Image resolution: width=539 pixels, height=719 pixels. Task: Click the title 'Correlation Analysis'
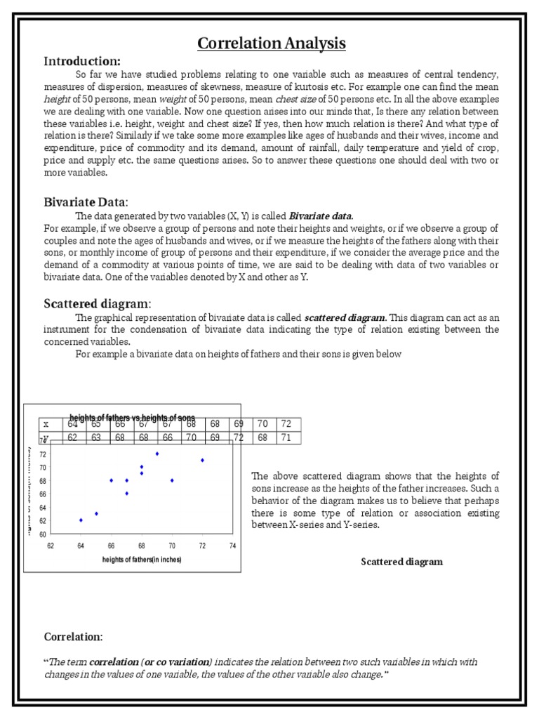[x=271, y=44]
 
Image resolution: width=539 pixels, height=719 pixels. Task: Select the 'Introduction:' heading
[x=82, y=61]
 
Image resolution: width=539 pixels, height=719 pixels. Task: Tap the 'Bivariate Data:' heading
[x=86, y=202]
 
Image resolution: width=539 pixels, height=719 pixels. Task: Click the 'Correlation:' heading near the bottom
[x=73, y=637]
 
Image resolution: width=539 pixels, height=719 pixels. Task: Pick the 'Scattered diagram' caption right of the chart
[x=401, y=562]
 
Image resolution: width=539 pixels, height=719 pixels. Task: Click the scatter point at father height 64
[x=81, y=520]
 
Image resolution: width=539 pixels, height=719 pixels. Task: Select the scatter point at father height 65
[x=96, y=513]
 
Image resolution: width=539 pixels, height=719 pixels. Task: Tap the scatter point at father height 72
[x=202, y=461]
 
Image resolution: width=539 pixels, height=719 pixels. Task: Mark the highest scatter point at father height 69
[x=157, y=454]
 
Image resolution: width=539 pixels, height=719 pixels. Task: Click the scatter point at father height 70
[x=172, y=480]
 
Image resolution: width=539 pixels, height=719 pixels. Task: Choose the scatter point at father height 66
[x=111, y=480]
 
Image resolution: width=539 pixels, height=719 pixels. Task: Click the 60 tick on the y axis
[x=42, y=534]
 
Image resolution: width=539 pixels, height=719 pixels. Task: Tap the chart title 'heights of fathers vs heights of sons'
[x=132, y=418]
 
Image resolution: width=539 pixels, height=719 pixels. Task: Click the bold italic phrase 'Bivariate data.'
[x=321, y=216]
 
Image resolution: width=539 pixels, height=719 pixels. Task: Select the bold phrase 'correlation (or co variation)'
[x=150, y=662]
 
